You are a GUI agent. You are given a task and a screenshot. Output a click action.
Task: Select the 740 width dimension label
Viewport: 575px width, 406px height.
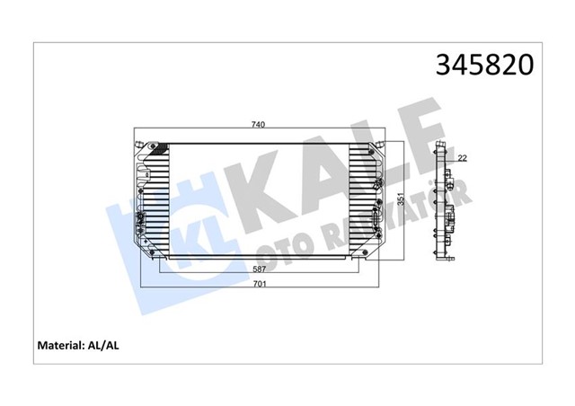[x=258, y=124]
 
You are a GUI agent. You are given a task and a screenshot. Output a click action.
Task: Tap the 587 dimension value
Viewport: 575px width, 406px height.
[x=258, y=269]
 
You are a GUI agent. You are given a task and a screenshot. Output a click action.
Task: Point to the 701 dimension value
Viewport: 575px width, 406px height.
[x=258, y=285]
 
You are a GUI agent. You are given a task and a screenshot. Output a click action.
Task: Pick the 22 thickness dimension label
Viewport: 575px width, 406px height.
[x=462, y=158]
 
